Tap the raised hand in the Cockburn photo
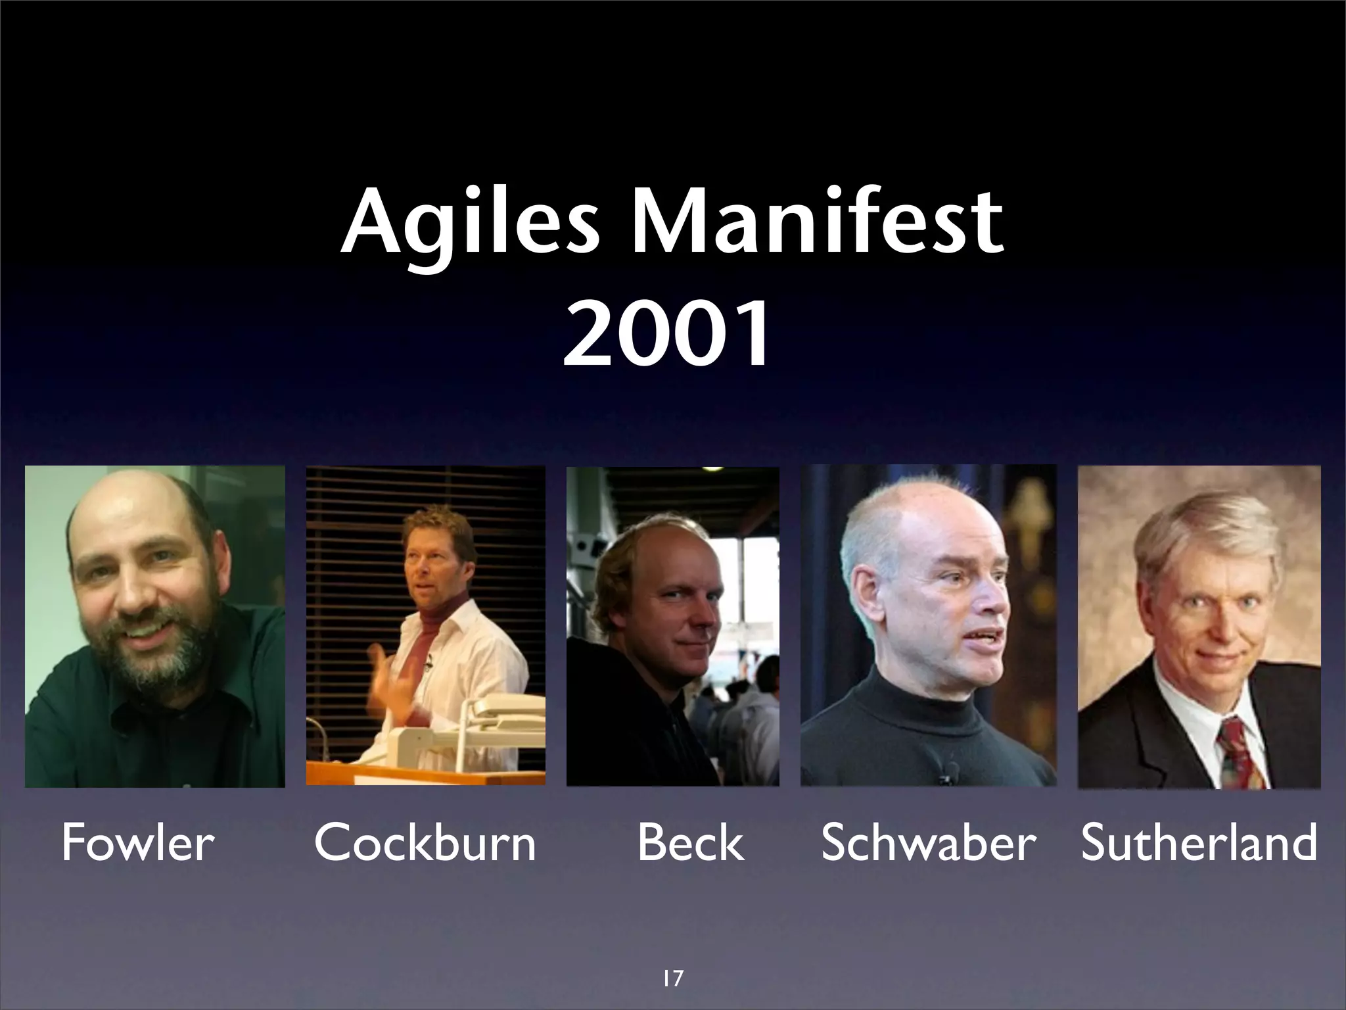point(390,681)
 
